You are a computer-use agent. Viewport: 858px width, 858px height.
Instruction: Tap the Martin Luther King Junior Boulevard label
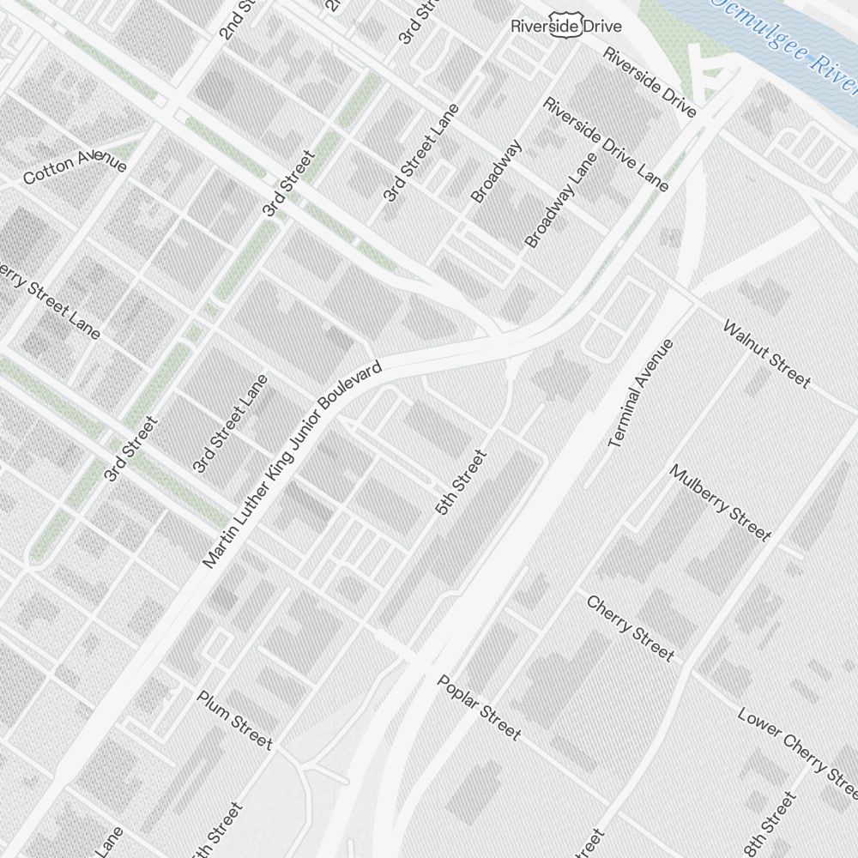point(292,465)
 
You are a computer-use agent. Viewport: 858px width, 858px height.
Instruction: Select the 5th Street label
point(461,483)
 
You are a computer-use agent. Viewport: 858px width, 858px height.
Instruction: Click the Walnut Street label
point(766,353)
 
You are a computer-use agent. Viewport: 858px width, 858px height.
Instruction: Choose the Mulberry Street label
point(720,503)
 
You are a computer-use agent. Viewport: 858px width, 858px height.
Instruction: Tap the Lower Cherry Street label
point(796,746)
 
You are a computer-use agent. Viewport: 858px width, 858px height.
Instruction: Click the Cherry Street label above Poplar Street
point(630,627)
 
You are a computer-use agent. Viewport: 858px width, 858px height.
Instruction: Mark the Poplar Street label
point(479,707)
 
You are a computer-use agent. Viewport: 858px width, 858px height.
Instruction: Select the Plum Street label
point(235,719)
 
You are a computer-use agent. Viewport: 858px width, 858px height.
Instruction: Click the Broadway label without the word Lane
point(497,171)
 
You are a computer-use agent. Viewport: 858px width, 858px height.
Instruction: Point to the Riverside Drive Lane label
point(606,144)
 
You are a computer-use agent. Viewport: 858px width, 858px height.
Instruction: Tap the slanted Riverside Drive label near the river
point(649,82)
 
